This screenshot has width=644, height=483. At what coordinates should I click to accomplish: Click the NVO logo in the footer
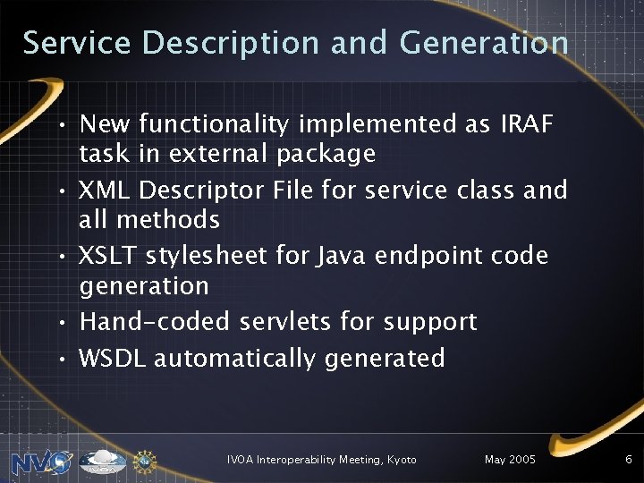(41, 462)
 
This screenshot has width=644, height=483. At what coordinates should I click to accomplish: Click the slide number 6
(629, 459)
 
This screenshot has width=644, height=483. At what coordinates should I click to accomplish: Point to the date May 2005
(510, 459)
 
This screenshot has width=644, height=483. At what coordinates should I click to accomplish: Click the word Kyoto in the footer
(402, 459)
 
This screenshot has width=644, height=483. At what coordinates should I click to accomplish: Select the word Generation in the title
(485, 43)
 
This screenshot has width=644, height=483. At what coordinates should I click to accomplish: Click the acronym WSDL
(114, 358)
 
